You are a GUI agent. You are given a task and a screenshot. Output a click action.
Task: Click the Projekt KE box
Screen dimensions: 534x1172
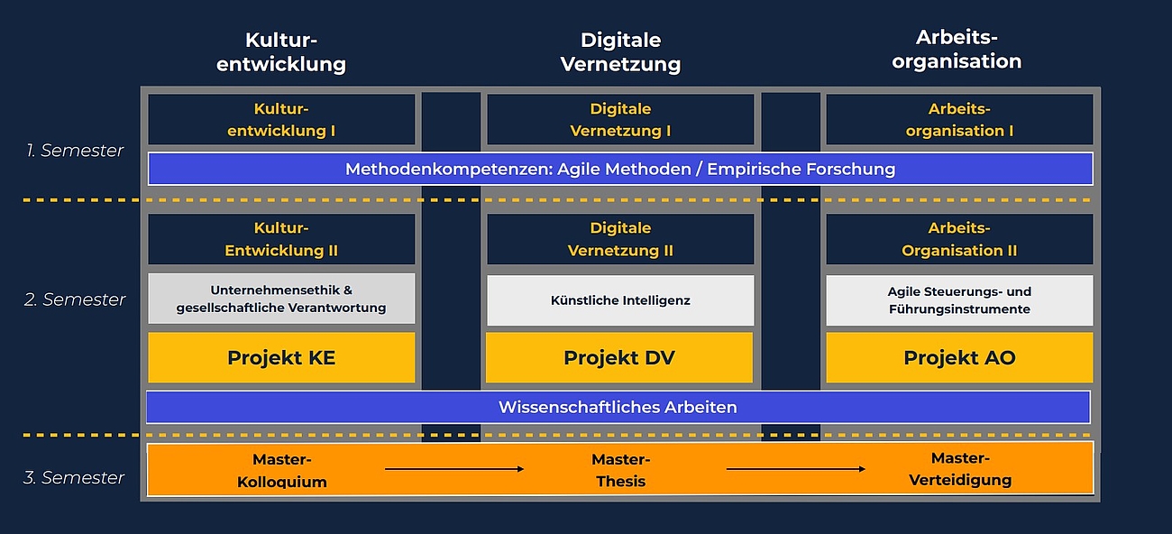(x=281, y=357)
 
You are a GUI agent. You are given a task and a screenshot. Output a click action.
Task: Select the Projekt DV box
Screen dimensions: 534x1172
(x=619, y=357)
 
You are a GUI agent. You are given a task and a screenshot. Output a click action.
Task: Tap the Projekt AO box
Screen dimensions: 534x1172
(x=959, y=357)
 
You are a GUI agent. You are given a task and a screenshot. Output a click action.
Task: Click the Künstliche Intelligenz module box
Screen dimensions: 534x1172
(x=620, y=300)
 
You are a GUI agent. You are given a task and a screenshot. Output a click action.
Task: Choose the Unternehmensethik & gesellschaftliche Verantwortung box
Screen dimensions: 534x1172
(x=281, y=299)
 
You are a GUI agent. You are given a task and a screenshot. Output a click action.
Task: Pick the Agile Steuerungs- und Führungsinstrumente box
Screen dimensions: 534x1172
(x=959, y=300)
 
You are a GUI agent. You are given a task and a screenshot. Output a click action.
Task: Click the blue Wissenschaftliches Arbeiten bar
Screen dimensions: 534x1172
(x=618, y=407)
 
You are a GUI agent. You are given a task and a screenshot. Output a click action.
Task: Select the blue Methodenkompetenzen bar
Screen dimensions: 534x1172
(x=620, y=169)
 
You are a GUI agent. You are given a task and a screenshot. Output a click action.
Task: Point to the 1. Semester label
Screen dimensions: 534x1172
(x=75, y=151)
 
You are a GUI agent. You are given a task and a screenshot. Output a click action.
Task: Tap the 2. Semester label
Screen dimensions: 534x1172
(x=75, y=299)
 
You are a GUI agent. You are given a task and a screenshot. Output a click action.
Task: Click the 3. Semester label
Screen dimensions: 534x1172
(x=74, y=477)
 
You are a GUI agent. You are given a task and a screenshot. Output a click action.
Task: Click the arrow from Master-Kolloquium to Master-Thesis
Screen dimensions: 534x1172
(x=454, y=469)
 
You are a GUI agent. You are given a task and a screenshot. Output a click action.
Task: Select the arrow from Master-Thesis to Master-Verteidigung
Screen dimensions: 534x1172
(x=795, y=469)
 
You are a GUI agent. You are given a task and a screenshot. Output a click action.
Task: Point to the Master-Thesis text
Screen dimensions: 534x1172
(x=621, y=470)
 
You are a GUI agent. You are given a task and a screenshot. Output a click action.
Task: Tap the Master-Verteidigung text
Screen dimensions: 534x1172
(x=960, y=468)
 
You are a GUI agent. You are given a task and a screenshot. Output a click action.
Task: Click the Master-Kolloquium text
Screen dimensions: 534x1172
(x=282, y=470)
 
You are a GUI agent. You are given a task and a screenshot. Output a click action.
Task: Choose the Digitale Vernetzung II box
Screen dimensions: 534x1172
(x=620, y=239)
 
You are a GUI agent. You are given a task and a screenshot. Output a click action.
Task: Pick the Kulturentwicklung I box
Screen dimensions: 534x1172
(x=281, y=120)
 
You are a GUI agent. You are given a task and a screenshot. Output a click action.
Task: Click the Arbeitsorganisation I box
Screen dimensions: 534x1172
(x=959, y=120)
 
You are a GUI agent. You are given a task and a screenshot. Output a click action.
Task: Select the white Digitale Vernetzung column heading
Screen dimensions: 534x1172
(x=620, y=52)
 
